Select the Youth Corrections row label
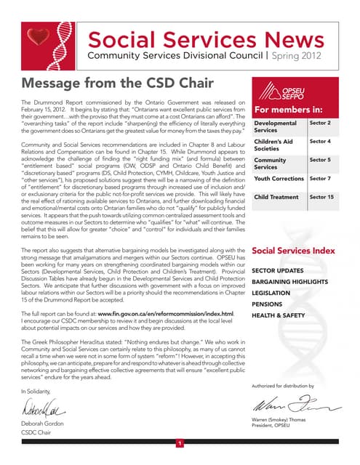click(279, 178)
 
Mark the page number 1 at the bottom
click(180, 442)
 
